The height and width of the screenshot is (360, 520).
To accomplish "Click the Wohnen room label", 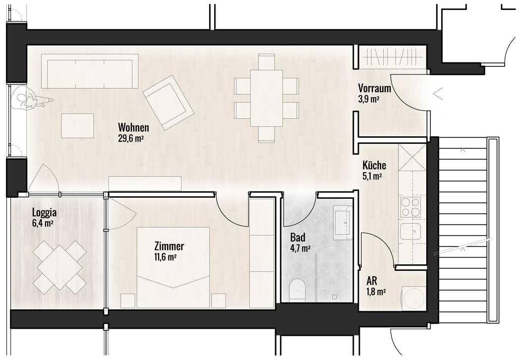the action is tap(133, 127).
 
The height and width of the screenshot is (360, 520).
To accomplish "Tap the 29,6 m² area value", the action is tap(131, 138).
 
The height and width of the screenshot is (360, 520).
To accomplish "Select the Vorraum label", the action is tap(374, 89).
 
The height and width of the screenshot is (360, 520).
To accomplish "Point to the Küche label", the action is tap(374, 165).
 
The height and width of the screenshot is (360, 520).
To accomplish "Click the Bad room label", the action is tap(297, 238).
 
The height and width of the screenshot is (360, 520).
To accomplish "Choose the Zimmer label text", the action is tap(169, 246).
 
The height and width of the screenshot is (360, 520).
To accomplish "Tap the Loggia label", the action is tap(44, 213).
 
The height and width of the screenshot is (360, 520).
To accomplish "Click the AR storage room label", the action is tap(372, 281).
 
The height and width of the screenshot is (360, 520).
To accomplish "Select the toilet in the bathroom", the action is tap(297, 290).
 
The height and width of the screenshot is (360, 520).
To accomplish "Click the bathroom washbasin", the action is tap(342, 222).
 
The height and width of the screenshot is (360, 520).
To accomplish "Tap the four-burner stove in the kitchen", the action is tap(410, 207).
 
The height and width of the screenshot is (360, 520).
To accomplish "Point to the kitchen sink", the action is tap(410, 231).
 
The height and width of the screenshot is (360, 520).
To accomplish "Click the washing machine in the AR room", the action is tap(413, 299).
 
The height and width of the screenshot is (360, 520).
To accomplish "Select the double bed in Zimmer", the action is tap(173, 267).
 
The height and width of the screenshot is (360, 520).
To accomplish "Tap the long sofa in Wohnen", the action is tap(90, 71).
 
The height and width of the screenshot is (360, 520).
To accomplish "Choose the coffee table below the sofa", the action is tap(78, 126).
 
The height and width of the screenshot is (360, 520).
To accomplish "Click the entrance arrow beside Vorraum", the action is tap(438, 94).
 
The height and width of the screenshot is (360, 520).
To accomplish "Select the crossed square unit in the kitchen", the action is tap(412, 157).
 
